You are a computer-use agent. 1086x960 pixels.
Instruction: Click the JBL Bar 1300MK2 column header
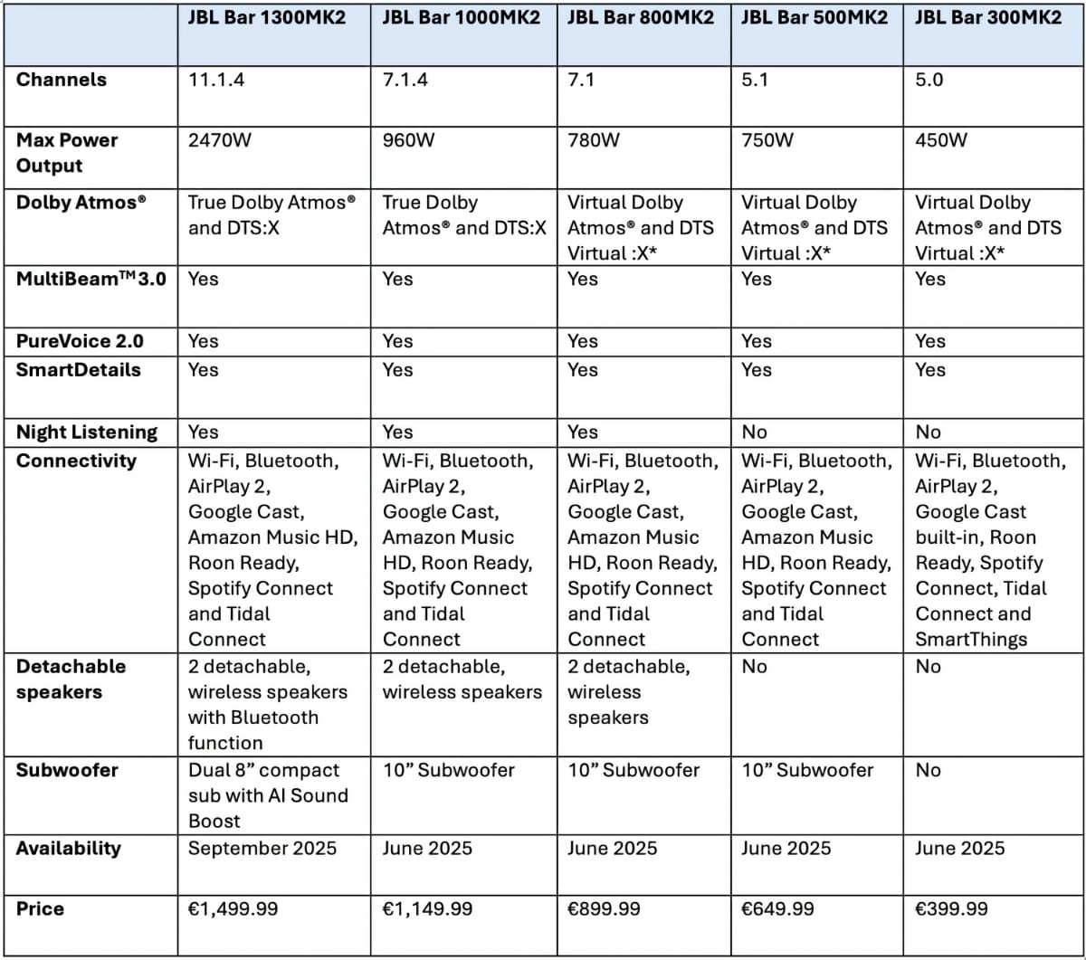(x=266, y=18)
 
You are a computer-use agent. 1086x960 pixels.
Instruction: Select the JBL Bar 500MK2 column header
(x=814, y=18)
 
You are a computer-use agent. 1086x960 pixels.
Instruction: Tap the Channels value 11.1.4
(x=218, y=80)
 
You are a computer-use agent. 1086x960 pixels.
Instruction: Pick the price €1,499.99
(x=233, y=908)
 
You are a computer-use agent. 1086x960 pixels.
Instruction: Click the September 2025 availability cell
(x=262, y=849)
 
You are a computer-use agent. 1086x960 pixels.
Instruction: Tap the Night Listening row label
(x=87, y=432)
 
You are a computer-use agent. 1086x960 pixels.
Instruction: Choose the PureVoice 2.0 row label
(x=80, y=341)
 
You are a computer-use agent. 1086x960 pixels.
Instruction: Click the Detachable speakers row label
(x=71, y=679)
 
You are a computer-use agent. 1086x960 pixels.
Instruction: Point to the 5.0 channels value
(x=929, y=80)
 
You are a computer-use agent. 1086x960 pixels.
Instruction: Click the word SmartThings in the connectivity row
(x=971, y=639)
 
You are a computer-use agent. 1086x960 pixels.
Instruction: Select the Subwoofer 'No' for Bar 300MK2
(x=928, y=770)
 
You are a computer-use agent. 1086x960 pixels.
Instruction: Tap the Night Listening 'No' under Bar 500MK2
(x=754, y=432)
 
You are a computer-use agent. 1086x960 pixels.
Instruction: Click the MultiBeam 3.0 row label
(x=90, y=279)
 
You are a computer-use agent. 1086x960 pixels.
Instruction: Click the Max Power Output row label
(x=67, y=153)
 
